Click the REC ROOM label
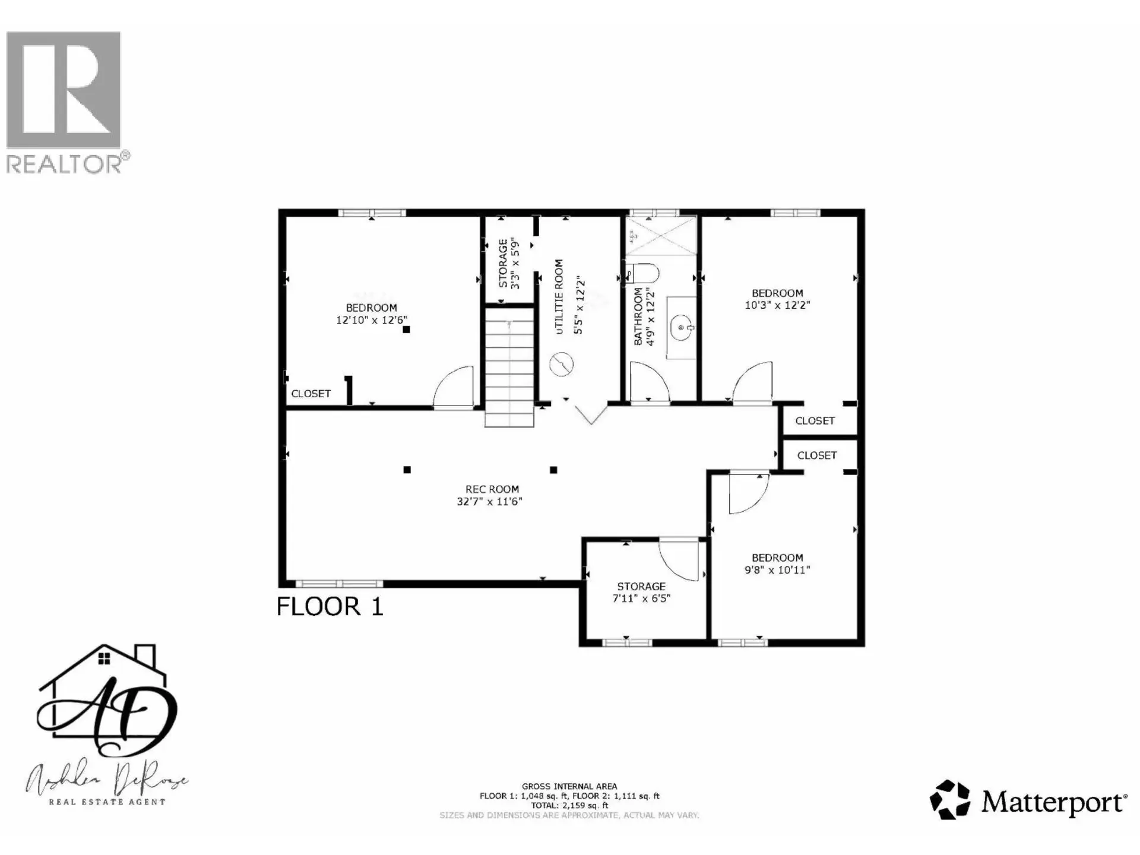[492, 489]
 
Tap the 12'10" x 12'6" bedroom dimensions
[372, 320]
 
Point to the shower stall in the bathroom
[660, 236]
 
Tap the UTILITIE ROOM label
[559, 297]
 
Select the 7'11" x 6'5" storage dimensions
[641, 598]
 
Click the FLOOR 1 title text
[330, 606]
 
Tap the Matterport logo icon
[949, 800]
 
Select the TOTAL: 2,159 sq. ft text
[569, 806]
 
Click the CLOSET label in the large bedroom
[311, 394]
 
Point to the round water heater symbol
[561, 365]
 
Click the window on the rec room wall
[339, 584]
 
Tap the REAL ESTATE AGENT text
[107, 802]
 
